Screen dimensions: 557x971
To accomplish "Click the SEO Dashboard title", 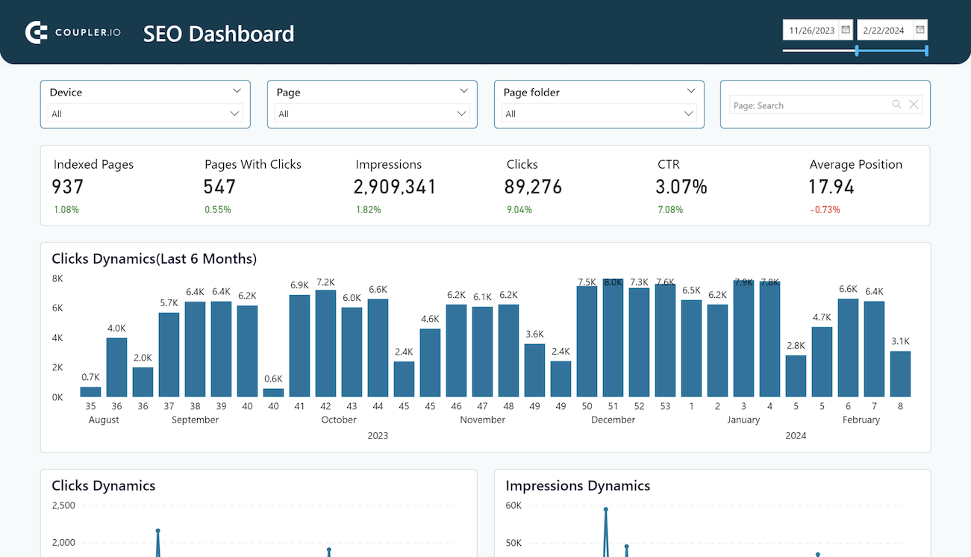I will click(219, 34).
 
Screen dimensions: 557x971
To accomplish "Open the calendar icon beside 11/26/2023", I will click(846, 30).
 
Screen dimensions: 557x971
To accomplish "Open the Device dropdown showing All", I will click(145, 113).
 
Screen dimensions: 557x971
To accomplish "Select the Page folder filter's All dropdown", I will click(599, 113).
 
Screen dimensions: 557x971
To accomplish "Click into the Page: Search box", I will click(810, 105).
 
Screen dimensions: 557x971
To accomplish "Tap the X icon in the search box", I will click(914, 105).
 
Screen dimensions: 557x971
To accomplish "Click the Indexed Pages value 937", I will click(68, 187).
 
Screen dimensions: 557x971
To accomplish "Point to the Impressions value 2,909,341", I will click(395, 187).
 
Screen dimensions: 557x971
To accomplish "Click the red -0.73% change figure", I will click(825, 210).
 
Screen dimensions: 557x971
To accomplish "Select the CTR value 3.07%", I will click(681, 187).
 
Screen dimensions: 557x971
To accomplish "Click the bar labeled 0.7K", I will click(90, 391).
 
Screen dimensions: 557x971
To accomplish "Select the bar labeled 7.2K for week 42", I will click(325, 343).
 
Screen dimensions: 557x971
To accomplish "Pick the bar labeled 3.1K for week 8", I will click(900, 373).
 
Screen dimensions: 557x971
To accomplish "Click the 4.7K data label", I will click(822, 317).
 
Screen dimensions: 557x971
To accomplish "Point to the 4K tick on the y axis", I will click(57, 337).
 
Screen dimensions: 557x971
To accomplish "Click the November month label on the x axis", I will click(482, 420).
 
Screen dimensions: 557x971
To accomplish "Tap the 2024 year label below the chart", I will click(796, 435).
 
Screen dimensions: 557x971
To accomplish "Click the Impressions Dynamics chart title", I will click(578, 485).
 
